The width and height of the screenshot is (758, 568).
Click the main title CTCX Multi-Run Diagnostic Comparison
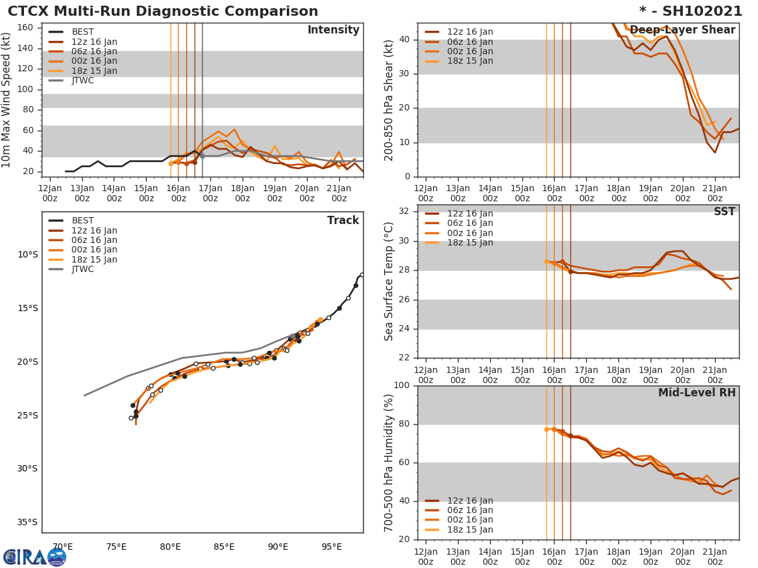click(163, 11)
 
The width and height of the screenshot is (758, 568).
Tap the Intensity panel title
click(333, 30)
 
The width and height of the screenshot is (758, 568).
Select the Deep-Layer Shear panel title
click(682, 30)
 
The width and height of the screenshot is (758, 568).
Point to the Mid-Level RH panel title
click(696, 393)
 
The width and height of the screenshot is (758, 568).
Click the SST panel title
click(724, 212)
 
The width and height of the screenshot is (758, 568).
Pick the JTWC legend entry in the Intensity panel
click(82, 81)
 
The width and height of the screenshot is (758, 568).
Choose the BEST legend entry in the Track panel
click(82, 221)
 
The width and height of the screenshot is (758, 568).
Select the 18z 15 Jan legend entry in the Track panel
click(93, 259)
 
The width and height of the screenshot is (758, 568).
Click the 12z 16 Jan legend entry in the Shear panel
click(470, 32)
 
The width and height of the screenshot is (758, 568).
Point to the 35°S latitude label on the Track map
click(28, 522)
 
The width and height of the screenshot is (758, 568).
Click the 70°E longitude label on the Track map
click(63, 547)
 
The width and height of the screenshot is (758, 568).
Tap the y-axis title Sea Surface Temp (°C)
click(389, 281)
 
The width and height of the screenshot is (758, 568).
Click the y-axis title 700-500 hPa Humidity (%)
click(389, 463)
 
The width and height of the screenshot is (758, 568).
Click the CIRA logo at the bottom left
click(35, 557)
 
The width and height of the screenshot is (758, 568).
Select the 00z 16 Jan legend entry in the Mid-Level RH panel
click(470, 520)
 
